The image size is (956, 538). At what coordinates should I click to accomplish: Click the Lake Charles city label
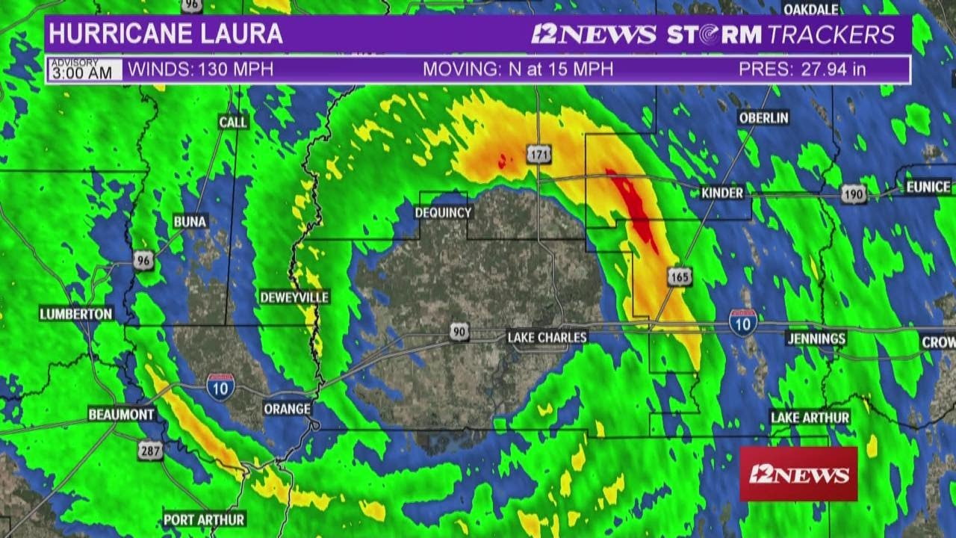point(547,338)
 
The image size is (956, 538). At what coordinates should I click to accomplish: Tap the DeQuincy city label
point(443,213)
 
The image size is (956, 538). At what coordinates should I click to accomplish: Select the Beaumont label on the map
point(122,414)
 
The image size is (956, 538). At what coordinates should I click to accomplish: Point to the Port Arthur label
point(205,519)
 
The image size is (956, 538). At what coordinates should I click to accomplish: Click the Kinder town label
point(722,193)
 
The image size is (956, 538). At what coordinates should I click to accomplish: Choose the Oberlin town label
point(763,118)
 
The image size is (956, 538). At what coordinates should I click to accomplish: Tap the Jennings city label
point(816,338)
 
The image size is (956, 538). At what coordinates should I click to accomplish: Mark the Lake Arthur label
point(810,418)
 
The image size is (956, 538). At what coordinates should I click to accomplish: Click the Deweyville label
point(294,297)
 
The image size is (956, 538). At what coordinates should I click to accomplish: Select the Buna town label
point(190,221)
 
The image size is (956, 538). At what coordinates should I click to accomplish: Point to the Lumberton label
point(76,314)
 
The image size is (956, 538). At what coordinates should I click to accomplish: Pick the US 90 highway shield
point(459,331)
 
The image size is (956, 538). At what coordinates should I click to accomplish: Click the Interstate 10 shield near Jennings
point(742,324)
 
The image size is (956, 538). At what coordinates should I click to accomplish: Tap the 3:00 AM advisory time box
point(85,70)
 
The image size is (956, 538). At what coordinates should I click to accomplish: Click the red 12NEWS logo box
point(798,474)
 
